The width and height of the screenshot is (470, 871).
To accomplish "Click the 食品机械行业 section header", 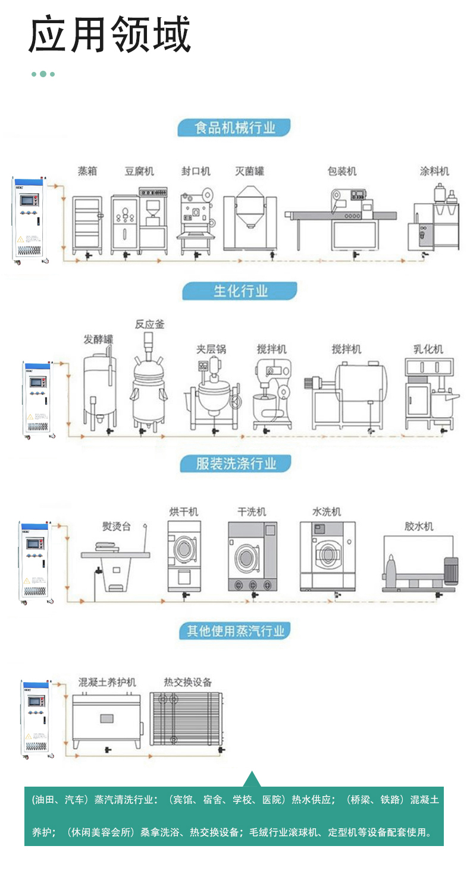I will click(x=234, y=127).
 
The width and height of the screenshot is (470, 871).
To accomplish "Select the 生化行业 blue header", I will click(x=239, y=291).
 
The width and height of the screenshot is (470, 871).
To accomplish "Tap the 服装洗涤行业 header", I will click(x=236, y=464).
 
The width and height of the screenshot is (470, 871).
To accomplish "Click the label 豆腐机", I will click(x=139, y=171).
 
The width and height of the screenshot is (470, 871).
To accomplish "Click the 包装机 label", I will click(x=342, y=171).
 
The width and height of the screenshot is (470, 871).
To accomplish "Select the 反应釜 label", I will click(x=149, y=324).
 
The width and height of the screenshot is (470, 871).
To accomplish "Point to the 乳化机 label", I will click(x=428, y=349).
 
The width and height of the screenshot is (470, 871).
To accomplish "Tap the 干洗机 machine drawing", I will click(x=253, y=556).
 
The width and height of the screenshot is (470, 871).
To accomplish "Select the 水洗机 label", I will click(x=327, y=512).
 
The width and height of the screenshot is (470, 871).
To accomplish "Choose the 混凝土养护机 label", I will click(x=107, y=682).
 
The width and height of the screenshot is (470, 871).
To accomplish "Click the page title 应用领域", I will click(x=110, y=34).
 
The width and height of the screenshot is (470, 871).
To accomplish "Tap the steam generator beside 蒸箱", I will click(x=30, y=219).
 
